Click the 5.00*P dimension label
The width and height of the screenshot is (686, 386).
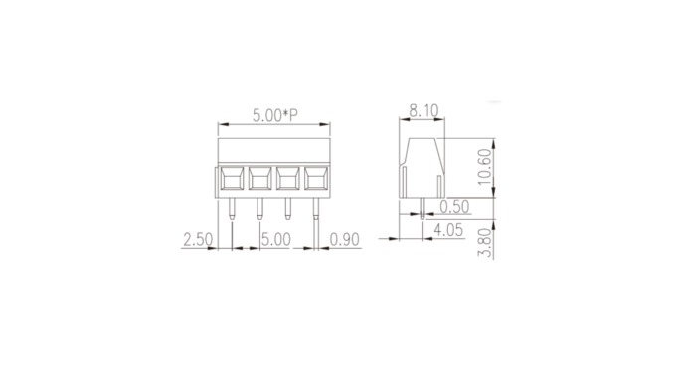[274, 115]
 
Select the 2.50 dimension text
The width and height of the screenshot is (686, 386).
[198, 240]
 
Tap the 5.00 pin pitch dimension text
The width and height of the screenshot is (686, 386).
[275, 240]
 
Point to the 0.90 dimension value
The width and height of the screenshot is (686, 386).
[344, 240]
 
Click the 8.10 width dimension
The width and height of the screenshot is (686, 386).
[424, 110]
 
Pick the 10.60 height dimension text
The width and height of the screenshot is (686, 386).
[485, 167]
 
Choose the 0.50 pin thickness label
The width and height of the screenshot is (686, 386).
[454, 207]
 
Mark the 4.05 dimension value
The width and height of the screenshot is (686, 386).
[448, 230]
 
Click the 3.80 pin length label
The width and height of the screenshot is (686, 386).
[485, 242]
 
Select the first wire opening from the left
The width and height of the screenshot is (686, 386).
[232, 178]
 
